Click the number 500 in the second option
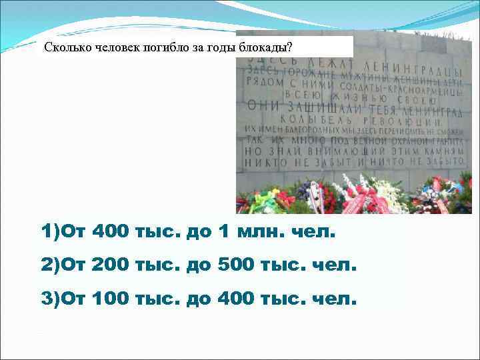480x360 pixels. (238, 266)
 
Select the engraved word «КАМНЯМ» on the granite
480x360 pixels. (433, 151)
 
